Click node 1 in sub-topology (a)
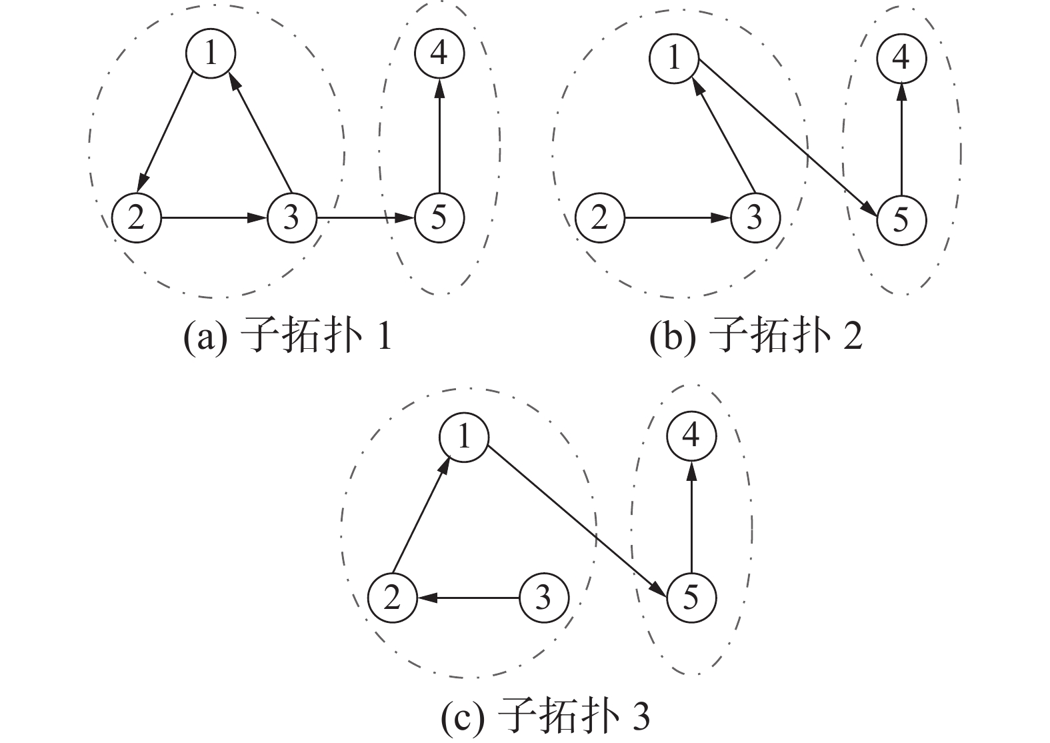click(211, 53)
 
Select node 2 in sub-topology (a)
click(137, 217)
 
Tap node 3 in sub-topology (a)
click(292, 217)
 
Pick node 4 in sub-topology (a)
click(439, 53)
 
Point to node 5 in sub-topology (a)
click(439, 217)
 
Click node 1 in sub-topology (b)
click(673, 59)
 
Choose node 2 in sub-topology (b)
click(599, 217)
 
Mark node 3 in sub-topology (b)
click(755, 217)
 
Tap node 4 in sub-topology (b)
click(901, 59)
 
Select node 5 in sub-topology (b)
click(901, 219)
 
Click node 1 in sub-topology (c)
click(464, 438)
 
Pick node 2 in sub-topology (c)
click(392, 598)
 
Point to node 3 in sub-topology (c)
click(544, 598)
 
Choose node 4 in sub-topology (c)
click(691, 436)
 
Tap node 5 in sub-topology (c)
click(691, 598)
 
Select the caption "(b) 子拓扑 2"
click(755, 337)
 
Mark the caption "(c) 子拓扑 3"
click(545, 717)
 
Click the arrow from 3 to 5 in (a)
click(365, 217)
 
